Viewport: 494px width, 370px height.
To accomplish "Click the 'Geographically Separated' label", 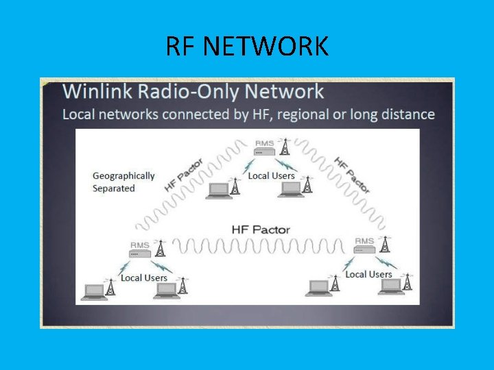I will pyautogui.click(x=123, y=182).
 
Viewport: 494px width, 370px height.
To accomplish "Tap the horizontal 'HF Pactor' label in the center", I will pyautogui.click(x=260, y=230).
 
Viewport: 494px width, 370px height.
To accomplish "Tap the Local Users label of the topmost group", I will pyautogui.click(x=271, y=175).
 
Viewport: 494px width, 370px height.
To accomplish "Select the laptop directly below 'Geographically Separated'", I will pyautogui.click(x=220, y=190).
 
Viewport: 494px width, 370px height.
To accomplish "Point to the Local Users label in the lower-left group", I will pyautogui.click(x=144, y=277).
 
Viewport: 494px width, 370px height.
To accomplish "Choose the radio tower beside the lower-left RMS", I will pyautogui.click(x=161, y=248).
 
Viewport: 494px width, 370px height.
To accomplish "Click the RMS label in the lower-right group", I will pyautogui.click(x=364, y=241).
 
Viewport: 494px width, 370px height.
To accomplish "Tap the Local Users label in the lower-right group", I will pyautogui.click(x=368, y=274).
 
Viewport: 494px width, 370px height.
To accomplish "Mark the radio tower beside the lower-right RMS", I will pyautogui.click(x=385, y=245).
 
